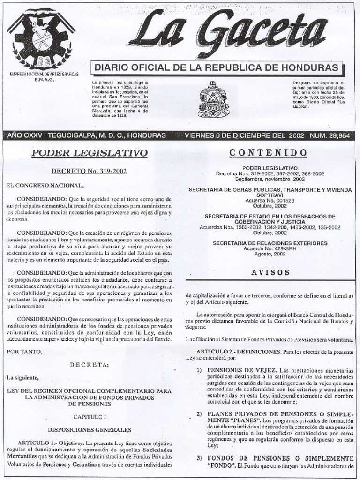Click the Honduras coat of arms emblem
click(x=213, y=99)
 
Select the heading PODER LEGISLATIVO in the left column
click(x=90, y=153)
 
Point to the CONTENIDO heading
click(x=270, y=153)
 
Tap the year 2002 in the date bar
click(x=296, y=135)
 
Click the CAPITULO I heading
click(x=90, y=416)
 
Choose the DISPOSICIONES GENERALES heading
click(x=90, y=429)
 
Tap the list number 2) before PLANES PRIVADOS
click(x=199, y=414)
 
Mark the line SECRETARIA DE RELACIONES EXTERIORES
click(x=270, y=243)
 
